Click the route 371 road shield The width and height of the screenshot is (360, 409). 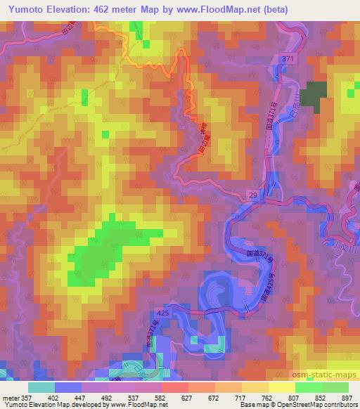click(x=287, y=60)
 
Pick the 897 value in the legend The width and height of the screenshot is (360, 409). click(x=346, y=398)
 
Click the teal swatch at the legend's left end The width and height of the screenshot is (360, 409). click(x=42, y=387)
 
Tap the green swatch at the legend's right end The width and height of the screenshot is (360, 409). click(x=335, y=387)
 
